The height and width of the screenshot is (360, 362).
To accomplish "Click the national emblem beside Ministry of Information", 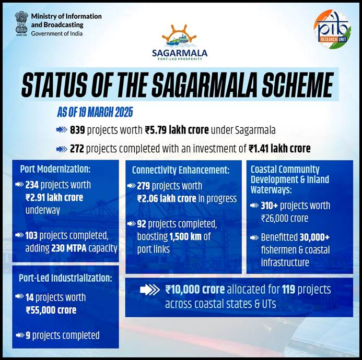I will tap(21, 23).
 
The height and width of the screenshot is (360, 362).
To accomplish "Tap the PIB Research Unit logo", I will tap(332, 29).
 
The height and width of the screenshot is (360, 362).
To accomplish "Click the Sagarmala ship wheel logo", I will tap(179, 37).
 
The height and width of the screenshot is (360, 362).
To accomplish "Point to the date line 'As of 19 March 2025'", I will tap(95, 112).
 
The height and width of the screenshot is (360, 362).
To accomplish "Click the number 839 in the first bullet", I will tap(77, 130).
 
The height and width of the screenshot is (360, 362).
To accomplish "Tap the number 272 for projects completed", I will tap(77, 149).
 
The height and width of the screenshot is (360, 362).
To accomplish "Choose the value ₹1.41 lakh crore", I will tap(279, 149).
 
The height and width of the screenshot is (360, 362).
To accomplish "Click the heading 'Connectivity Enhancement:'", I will tap(181, 170).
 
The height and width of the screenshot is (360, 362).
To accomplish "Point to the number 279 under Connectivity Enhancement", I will tap(145, 186).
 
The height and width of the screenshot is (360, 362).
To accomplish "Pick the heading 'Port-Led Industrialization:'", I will tap(66, 278).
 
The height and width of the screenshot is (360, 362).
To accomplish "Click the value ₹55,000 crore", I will tap(51, 310).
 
